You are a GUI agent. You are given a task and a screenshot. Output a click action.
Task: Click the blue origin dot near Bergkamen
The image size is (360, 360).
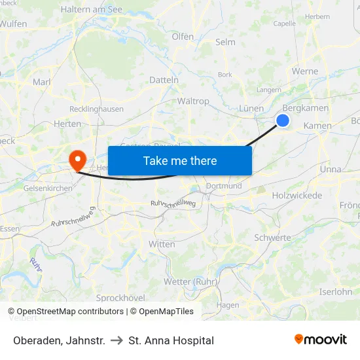coord(283,120)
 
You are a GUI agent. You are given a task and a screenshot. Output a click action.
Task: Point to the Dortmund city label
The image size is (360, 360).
coord(224,186)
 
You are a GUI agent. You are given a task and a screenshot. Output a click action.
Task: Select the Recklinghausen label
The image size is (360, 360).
coord(96,109)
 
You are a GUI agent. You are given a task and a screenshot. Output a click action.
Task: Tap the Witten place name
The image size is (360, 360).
coord(162,244)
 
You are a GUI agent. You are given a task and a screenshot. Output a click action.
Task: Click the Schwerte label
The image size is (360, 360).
coord(272,238)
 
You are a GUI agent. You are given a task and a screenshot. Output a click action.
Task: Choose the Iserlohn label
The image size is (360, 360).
coord(335,292)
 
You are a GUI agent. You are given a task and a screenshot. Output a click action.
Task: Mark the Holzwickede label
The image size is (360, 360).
coord(297,196)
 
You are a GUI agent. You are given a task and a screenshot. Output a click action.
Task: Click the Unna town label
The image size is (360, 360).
coord(330,169)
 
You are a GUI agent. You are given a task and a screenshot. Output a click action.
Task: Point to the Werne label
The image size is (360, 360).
coord(305,71)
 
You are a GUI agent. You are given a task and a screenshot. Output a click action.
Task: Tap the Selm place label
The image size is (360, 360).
coord(225,42)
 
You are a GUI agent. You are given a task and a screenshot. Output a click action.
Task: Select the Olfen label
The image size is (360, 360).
coord(183,37)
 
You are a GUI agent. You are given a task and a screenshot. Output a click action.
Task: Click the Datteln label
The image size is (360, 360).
coord(164,80)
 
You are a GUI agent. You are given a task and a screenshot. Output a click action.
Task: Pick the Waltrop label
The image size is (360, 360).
coord(193,101)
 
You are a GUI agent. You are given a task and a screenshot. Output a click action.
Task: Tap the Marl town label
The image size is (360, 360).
coord(42,82)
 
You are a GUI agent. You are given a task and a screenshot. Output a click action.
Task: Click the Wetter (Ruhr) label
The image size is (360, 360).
coord(190,282)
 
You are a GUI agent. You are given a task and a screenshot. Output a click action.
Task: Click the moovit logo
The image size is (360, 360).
coord(321,340)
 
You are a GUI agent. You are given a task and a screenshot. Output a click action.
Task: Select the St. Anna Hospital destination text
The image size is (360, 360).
coord(171,340)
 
